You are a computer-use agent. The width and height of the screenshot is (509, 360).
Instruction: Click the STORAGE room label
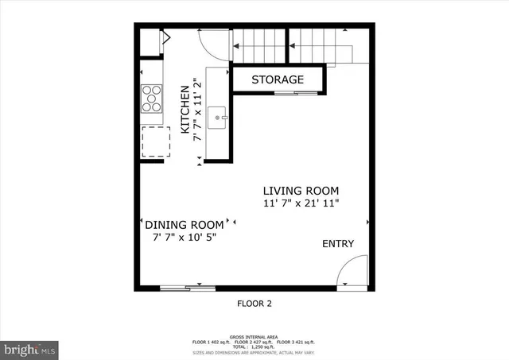pos(278,79)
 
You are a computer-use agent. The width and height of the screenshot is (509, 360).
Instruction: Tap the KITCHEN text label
pos(185,109)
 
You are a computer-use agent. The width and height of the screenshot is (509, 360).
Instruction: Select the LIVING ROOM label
pos(301,191)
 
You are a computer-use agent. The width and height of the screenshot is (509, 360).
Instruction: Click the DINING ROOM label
pos(184,225)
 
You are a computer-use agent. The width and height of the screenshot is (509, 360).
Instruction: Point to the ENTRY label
pos(338,244)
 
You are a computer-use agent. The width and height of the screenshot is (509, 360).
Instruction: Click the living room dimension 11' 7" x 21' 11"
pos(301,203)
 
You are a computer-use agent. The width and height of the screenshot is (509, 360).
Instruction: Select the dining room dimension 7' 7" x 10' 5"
pos(184,237)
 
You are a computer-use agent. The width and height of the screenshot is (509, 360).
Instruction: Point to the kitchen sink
pos(219,119)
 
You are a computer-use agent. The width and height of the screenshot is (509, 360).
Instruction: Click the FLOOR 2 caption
pos(255,303)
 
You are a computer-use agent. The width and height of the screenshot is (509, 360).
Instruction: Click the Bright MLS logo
pos(29,348)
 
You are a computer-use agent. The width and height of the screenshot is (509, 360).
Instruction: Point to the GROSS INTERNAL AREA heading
pos(254,337)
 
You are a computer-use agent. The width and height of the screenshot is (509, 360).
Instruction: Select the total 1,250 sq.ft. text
pos(254,348)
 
